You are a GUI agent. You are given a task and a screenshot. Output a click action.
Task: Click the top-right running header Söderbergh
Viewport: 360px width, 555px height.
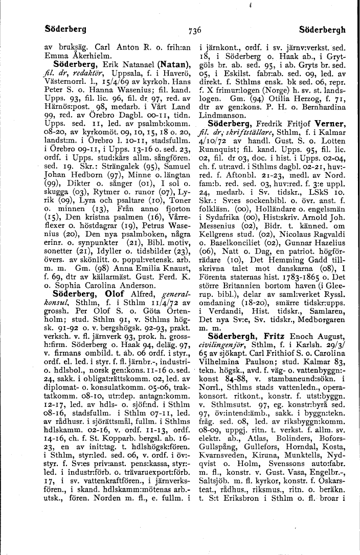[324, 29]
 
